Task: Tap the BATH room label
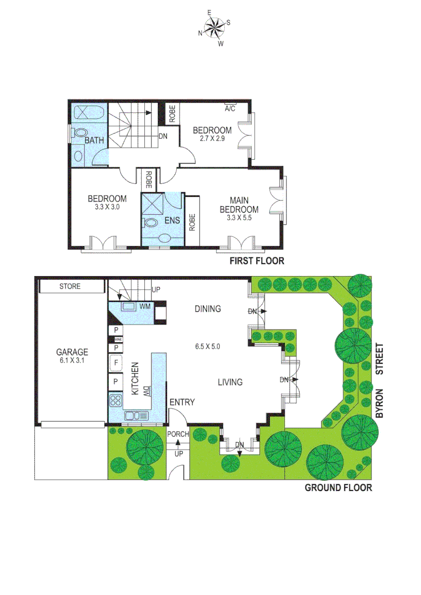tap(94, 140)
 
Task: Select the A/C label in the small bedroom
tap(230, 109)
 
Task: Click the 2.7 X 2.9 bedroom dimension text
tap(210, 139)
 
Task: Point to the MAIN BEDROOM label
tap(239, 205)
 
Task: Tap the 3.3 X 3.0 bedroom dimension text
tap(107, 208)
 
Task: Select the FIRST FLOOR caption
tap(257, 261)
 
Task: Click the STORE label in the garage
tap(70, 286)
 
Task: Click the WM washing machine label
tap(145, 306)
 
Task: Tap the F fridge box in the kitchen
tap(116, 364)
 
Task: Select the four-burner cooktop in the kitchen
tap(116, 400)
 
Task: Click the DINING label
tap(207, 309)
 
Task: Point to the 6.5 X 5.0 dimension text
tap(207, 347)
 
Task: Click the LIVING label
tap(230, 382)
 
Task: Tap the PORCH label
tap(178, 434)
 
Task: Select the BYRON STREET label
tap(379, 375)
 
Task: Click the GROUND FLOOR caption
tap(338, 488)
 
